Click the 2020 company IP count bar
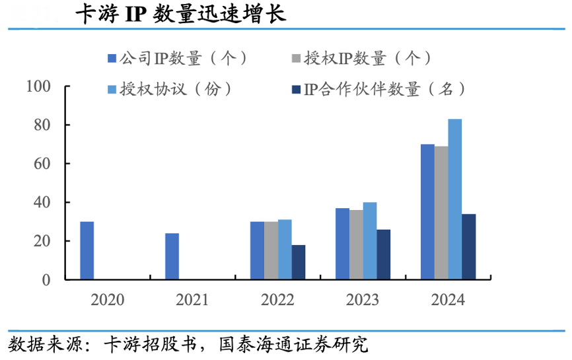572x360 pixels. [x=87, y=250]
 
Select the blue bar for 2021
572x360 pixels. [x=172, y=256]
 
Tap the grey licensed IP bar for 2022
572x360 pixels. [x=271, y=250]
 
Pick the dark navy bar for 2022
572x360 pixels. [x=299, y=262]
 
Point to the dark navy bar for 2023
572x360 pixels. [x=384, y=254]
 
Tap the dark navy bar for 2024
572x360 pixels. [x=469, y=246]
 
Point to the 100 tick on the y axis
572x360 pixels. [x=39, y=86]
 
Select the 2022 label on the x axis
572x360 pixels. [x=277, y=300]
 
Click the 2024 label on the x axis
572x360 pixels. [x=448, y=300]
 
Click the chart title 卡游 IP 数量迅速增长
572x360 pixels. [x=180, y=15]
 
